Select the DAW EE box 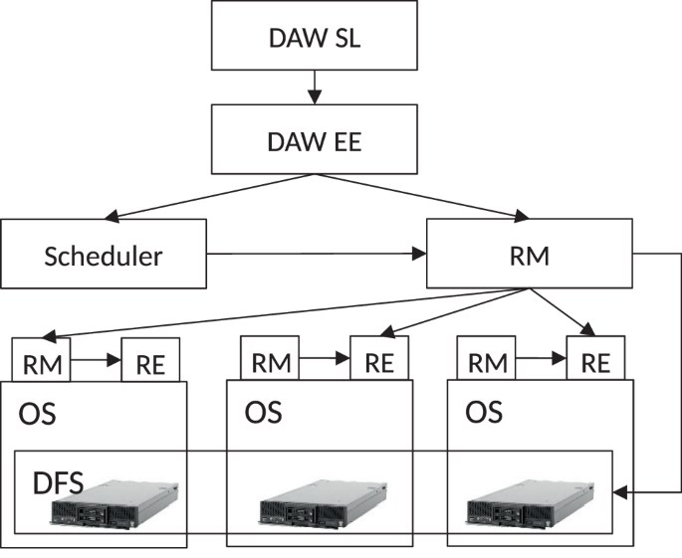coord(315,140)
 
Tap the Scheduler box coord(103,255)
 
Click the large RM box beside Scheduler coord(529,255)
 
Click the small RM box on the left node coord(41,361)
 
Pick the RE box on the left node coord(150,361)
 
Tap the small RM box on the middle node coord(270,361)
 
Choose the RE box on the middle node coord(379,361)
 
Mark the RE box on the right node coord(595,361)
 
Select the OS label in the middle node coord(263,412)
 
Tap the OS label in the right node coord(484,412)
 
